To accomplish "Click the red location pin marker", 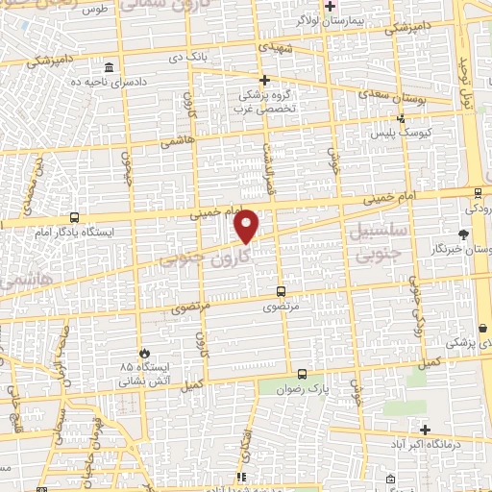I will click(x=247, y=226).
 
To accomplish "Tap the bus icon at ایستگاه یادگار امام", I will click(x=75, y=217).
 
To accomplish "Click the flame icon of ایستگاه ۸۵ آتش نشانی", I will click(x=144, y=353).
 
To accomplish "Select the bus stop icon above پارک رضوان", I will click(x=303, y=374).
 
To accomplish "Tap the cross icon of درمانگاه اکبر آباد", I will click(x=424, y=429).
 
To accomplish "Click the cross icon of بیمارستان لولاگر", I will click(x=330, y=6).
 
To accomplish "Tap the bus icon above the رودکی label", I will click(x=472, y=191).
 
